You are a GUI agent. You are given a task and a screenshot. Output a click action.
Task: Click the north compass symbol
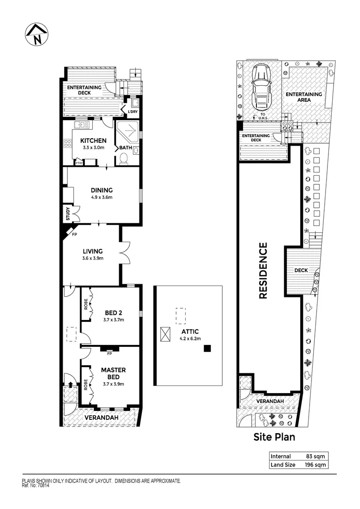(x=36, y=34)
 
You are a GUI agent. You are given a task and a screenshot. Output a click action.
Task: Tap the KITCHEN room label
(x=93, y=140)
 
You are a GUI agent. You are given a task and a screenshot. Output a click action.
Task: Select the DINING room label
(x=102, y=190)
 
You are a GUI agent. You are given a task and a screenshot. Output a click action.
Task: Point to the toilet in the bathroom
(x=124, y=159)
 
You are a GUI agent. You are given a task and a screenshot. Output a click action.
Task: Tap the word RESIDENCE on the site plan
(x=263, y=271)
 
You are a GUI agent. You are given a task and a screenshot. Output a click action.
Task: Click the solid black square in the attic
(x=207, y=348)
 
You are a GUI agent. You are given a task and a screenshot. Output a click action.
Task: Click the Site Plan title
(x=274, y=437)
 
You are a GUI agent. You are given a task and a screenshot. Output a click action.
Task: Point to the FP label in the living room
(x=74, y=233)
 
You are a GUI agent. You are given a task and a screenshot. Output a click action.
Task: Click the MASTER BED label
(x=113, y=373)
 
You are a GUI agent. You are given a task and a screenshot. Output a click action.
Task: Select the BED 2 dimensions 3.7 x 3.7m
(x=113, y=320)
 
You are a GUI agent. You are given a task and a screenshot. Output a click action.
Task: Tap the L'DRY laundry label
(x=133, y=112)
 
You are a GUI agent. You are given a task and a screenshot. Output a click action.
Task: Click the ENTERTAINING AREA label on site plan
(x=304, y=97)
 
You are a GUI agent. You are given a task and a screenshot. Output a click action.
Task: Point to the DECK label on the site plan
(x=301, y=271)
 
